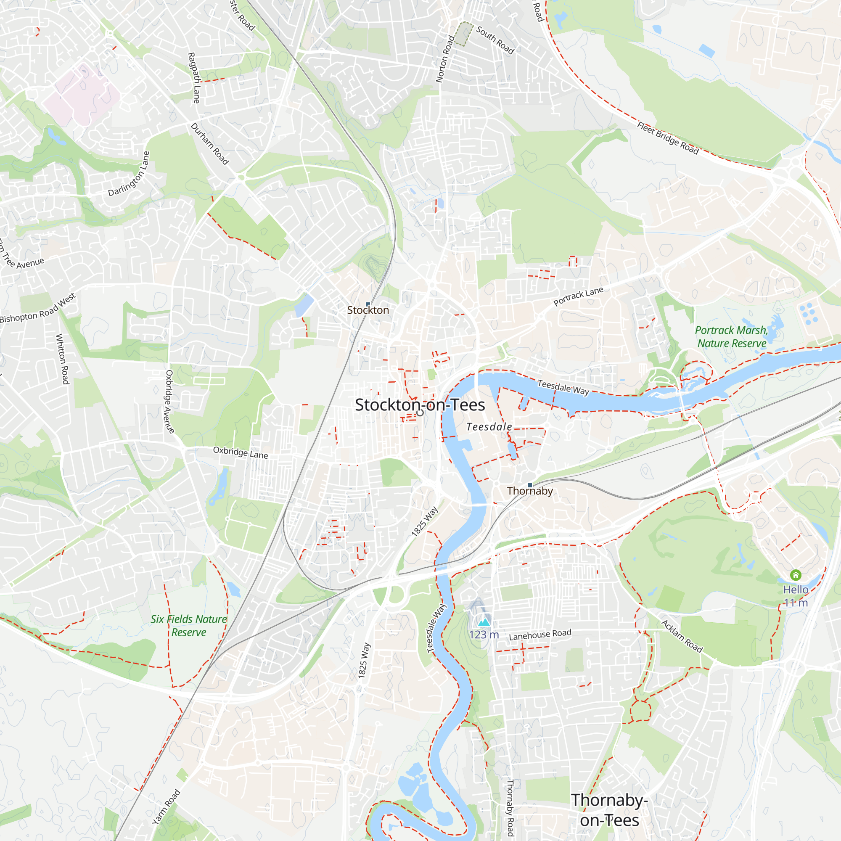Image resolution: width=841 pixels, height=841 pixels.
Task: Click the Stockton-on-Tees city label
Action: tap(420, 405)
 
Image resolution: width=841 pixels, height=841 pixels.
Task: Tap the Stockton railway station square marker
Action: tap(368, 304)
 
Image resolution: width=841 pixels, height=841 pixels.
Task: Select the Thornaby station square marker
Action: tap(530, 485)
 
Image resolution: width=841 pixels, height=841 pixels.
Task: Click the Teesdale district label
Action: tap(489, 427)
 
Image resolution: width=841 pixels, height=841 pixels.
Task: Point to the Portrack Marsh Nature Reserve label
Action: tap(731, 336)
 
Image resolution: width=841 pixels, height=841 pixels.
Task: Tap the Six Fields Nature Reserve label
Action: tap(188, 626)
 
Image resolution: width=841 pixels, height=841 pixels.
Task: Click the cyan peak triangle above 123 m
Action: tap(484, 622)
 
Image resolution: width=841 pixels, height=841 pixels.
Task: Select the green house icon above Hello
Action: tap(796, 575)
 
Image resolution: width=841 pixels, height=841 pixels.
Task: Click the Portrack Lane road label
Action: tap(578, 296)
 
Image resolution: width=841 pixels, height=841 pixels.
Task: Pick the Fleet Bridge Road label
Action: tap(668, 138)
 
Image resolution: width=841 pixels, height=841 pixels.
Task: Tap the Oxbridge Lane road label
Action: tap(240, 453)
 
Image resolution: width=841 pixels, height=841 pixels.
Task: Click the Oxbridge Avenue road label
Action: tap(169, 401)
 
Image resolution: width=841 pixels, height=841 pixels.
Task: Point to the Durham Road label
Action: tap(210, 144)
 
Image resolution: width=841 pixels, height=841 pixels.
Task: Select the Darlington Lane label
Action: tap(129, 174)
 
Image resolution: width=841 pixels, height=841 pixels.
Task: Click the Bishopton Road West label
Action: tap(38, 309)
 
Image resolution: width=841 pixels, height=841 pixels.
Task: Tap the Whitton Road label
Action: tap(63, 359)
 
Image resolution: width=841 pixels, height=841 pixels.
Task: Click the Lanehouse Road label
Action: tap(540, 635)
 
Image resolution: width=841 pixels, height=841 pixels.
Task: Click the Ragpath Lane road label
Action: tap(194, 78)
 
